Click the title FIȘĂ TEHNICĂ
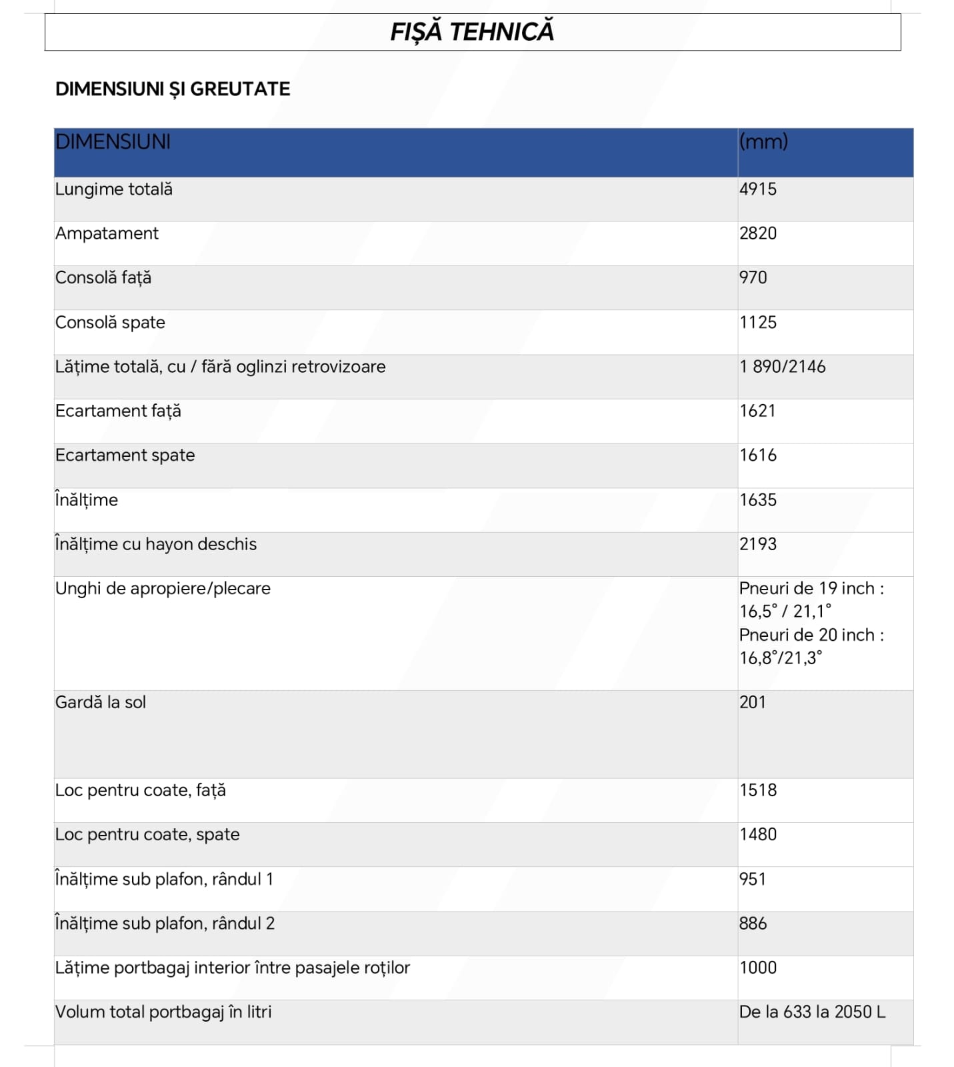472,32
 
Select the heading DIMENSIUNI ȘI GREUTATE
173,89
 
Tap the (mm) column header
763,141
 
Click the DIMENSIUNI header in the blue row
113,142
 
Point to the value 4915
758,189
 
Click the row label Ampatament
107,233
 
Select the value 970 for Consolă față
753,277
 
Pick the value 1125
758,322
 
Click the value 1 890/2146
783,367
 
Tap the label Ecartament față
118,411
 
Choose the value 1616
758,455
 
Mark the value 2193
758,544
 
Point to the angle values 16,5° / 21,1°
785,612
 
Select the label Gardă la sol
101,702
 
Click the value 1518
758,790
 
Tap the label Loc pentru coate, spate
147,834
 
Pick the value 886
753,924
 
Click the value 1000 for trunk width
758,968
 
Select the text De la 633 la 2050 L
812,1012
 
